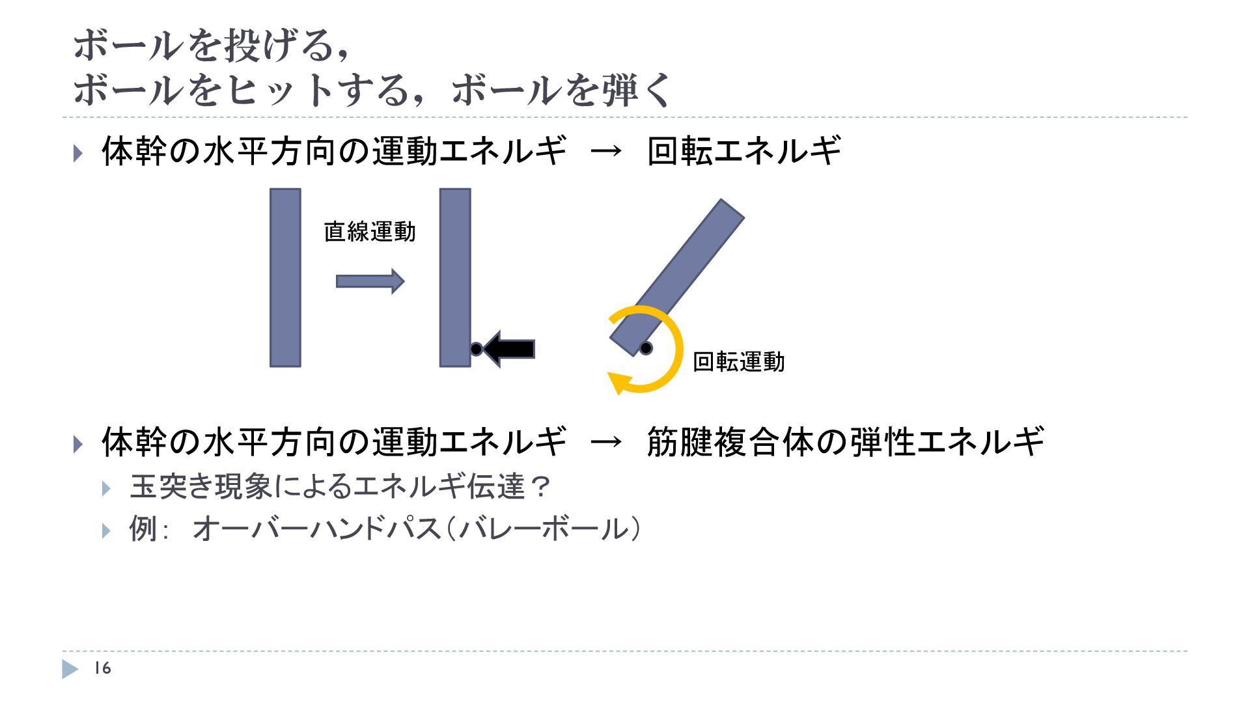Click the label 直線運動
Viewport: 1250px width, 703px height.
[x=369, y=232]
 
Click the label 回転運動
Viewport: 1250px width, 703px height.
[x=738, y=362]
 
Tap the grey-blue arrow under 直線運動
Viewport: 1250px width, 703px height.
[x=370, y=281]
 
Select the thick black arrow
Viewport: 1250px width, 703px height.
[x=510, y=349]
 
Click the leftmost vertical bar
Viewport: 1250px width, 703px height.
[x=285, y=278]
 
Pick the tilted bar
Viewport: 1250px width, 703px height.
[x=677, y=277]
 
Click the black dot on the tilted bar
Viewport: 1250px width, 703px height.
[x=645, y=348]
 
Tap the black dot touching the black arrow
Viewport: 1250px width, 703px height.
[x=476, y=349]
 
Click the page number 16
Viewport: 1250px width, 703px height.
[x=103, y=669]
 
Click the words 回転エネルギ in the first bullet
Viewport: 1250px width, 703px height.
[x=744, y=151]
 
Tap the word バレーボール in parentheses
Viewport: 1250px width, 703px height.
[x=547, y=528]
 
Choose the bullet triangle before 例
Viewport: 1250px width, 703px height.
[x=107, y=530]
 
